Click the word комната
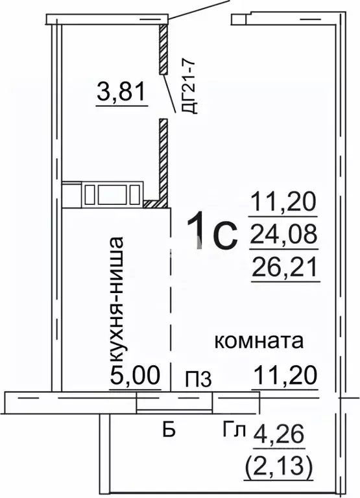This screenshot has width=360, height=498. (x=259, y=342)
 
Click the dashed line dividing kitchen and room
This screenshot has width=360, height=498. (x=170, y=305)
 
